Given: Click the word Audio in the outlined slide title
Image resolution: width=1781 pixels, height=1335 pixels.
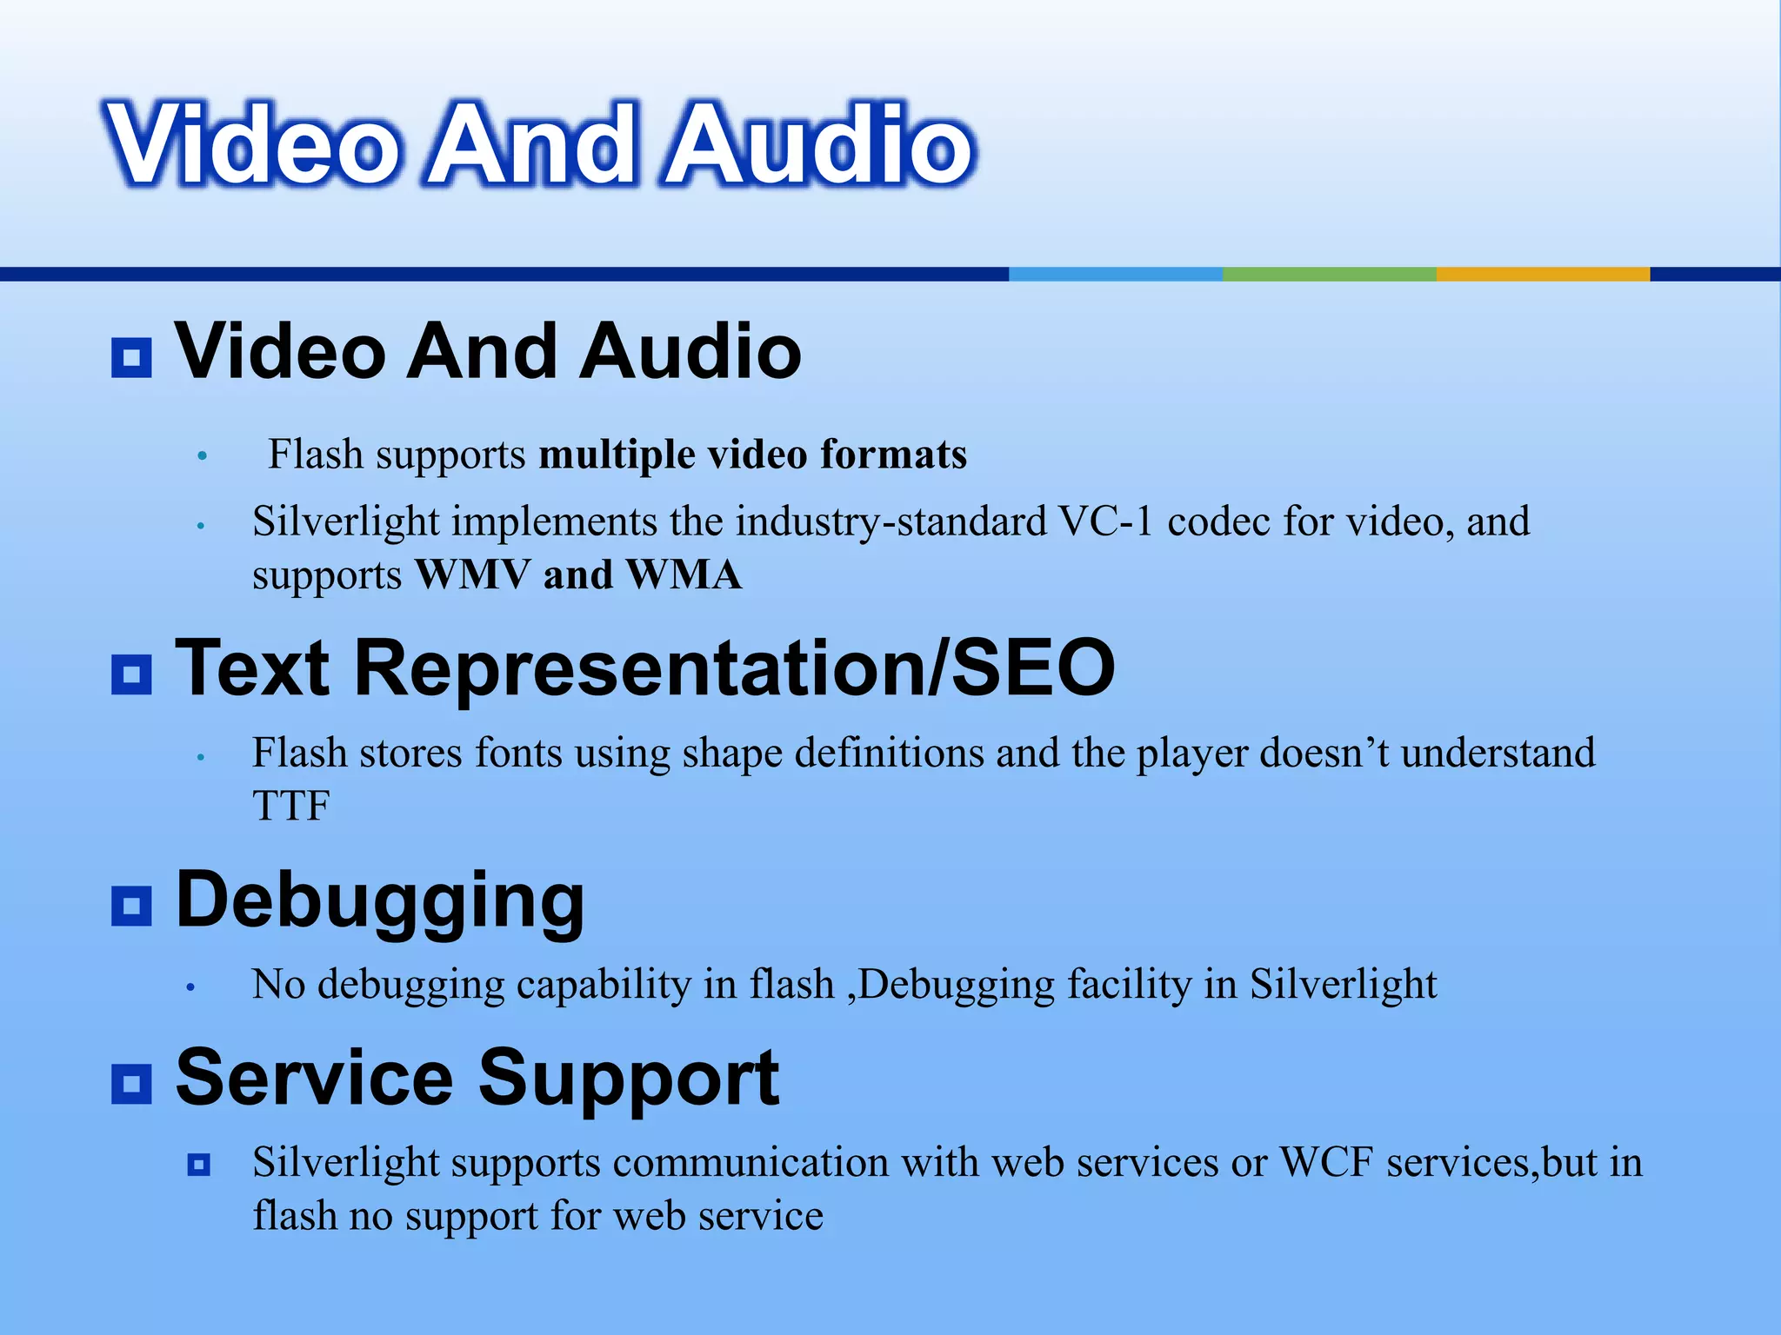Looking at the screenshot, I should tap(818, 144).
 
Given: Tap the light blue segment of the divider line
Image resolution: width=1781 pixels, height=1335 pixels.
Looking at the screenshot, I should tap(1115, 274).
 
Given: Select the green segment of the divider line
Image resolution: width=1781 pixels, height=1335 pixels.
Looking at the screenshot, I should tap(1329, 274).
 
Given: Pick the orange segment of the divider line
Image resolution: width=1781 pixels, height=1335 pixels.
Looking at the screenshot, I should tap(1543, 274).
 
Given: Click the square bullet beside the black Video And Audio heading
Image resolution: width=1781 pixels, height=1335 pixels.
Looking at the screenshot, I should tap(131, 357).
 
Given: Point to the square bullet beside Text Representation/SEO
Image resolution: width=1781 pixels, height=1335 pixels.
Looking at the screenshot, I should tap(131, 674).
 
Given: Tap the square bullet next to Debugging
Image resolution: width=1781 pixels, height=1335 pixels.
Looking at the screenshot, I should tap(131, 906).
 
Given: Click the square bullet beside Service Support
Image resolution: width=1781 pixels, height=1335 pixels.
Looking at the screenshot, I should tap(131, 1083).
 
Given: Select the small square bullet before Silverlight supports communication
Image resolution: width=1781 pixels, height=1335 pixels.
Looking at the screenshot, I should tap(199, 1164).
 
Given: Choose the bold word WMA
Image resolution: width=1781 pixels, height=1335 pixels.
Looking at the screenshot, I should tap(684, 575).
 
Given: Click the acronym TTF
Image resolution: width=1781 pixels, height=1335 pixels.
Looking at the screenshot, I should tap(290, 806).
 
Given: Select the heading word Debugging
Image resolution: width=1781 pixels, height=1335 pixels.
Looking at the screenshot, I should tap(380, 902).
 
